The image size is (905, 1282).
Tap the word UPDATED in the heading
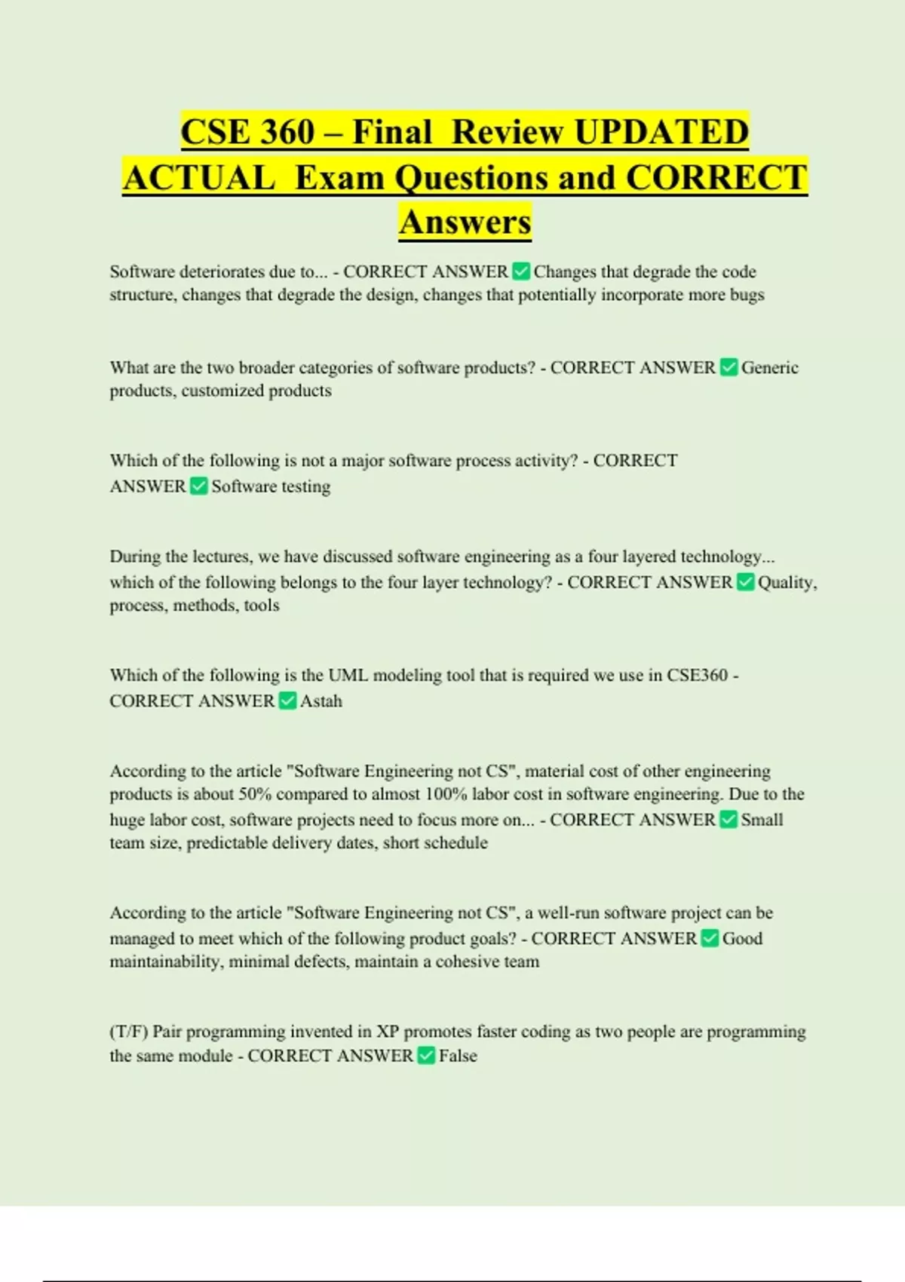pyautogui.click(x=661, y=132)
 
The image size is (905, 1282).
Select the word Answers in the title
pyautogui.click(x=465, y=222)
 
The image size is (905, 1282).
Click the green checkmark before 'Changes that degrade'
pyautogui.click(x=520, y=271)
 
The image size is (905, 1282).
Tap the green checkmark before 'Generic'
pyautogui.click(x=729, y=367)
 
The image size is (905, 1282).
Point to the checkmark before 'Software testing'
pyautogui.click(x=198, y=486)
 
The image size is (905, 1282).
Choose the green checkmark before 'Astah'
pyautogui.click(x=287, y=701)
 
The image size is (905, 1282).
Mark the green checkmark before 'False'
pyautogui.click(x=426, y=1056)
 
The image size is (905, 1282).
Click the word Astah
pyautogui.click(x=321, y=701)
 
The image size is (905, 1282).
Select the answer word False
pyautogui.click(x=458, y=1056)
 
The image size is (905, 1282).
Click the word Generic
pyautogui.click(x=769, y=367)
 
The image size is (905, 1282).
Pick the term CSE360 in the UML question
pyautogui.click(x=697, y=675)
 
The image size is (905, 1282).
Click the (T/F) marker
pyautogui.click(x=129, y=1032)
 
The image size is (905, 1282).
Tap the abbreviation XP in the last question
pyautogui.click(x=388, y=1032)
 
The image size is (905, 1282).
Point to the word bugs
pyautogui.click(x=747, y=295)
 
